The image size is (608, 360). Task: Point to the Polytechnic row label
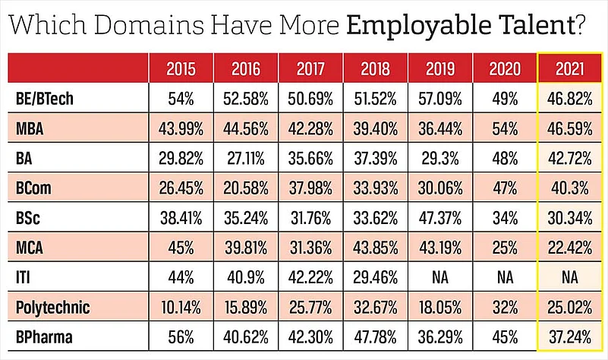click(x=52, y=308)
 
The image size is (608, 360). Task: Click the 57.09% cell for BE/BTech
click(x=440, y=99)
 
